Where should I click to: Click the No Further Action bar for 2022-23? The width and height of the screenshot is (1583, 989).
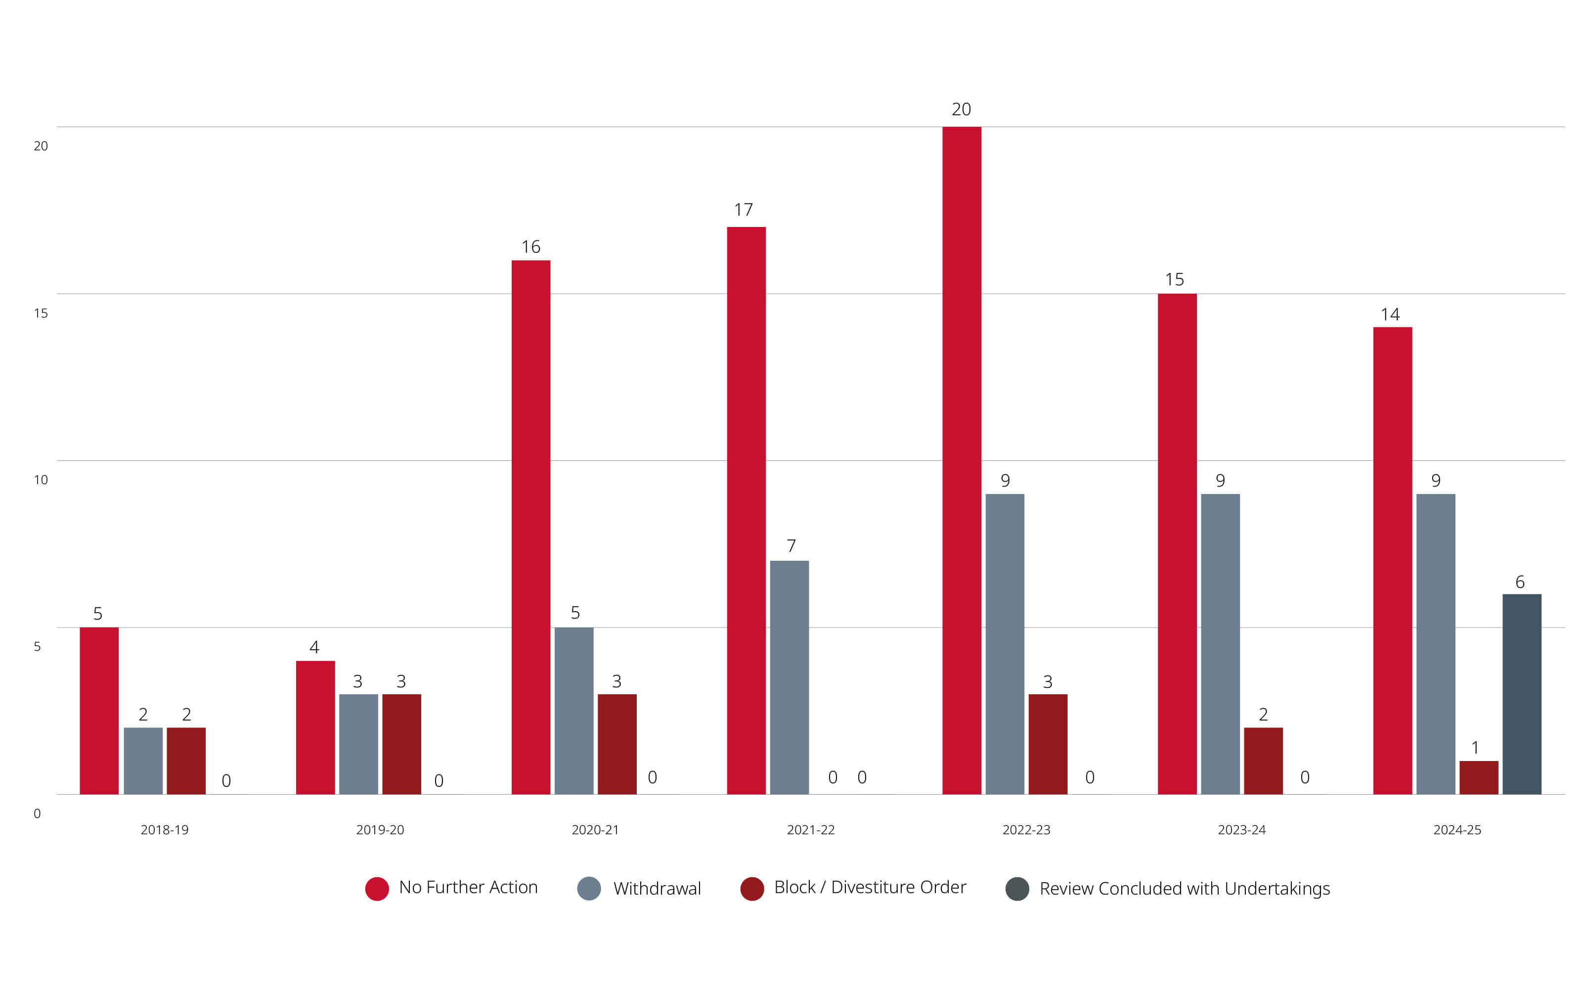click(x=961, y=460)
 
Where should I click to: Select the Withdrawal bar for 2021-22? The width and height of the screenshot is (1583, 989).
click(x=789, y=677)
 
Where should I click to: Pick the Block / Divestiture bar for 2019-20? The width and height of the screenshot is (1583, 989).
click(x=401, y=744)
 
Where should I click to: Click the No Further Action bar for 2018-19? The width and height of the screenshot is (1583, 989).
click(x=99, y=711)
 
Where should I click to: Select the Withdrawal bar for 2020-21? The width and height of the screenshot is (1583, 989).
click(x=574, y=711)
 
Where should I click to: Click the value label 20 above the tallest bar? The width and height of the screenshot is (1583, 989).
click(x=961, y=109)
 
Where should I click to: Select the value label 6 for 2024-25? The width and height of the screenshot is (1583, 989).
click(x=1520, y=582)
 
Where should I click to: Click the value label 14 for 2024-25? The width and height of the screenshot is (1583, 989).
click(x=1390, y=315)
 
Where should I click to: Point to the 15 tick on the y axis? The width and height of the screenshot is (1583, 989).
click(x=41, y=313)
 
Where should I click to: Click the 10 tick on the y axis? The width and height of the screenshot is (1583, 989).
click(x=41, y=480)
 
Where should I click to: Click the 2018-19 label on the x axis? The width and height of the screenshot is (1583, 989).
click(x=164, y=829)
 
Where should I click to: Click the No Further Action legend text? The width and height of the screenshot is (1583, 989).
click(x=468, y=887)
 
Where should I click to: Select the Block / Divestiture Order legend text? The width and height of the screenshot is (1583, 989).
click(x=870, y=887)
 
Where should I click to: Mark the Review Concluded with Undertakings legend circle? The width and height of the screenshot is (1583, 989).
click(x=1017, y=888)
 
